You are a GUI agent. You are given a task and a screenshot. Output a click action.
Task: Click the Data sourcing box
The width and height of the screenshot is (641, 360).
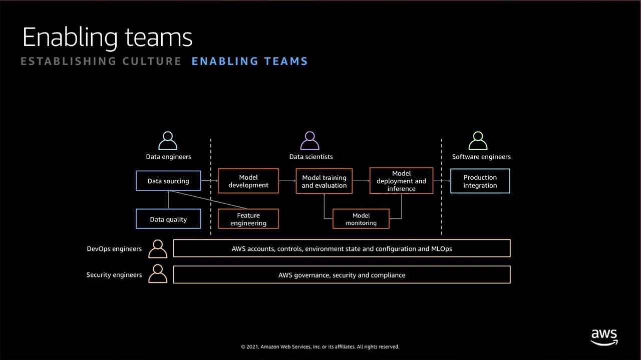[168, 181]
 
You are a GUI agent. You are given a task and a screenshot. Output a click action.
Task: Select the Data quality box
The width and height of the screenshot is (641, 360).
[168, 219]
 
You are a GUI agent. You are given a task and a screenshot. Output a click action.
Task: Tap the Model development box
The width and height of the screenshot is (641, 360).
[248, 181]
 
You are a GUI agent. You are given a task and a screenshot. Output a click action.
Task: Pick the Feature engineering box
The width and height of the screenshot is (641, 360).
[248, 219]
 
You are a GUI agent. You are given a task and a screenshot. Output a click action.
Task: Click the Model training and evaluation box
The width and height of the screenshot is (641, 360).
[324, 181]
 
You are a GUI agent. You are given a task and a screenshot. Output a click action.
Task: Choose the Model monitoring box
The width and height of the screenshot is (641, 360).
[361, 219]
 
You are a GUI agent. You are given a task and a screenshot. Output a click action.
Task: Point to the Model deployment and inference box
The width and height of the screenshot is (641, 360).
[401, 181]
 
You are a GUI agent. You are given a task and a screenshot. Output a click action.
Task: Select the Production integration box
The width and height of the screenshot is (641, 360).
[480, 181]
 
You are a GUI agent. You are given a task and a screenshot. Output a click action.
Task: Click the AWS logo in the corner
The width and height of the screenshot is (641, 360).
[604, 337]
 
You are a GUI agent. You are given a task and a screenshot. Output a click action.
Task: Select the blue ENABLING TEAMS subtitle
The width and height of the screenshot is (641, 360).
[249, 61]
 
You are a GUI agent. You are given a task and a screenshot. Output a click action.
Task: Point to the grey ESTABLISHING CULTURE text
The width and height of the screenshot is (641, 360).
[101, 61]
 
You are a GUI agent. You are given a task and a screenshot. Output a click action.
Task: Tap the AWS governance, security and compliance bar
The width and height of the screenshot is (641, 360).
[342, 275]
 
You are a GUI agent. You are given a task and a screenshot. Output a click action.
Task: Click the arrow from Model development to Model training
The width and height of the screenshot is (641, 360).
[287, 181]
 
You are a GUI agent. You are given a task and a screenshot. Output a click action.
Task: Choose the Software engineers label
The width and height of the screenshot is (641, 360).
[481, 157]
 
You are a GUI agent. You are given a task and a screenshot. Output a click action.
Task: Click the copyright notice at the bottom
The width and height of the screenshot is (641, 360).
[320, 346]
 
